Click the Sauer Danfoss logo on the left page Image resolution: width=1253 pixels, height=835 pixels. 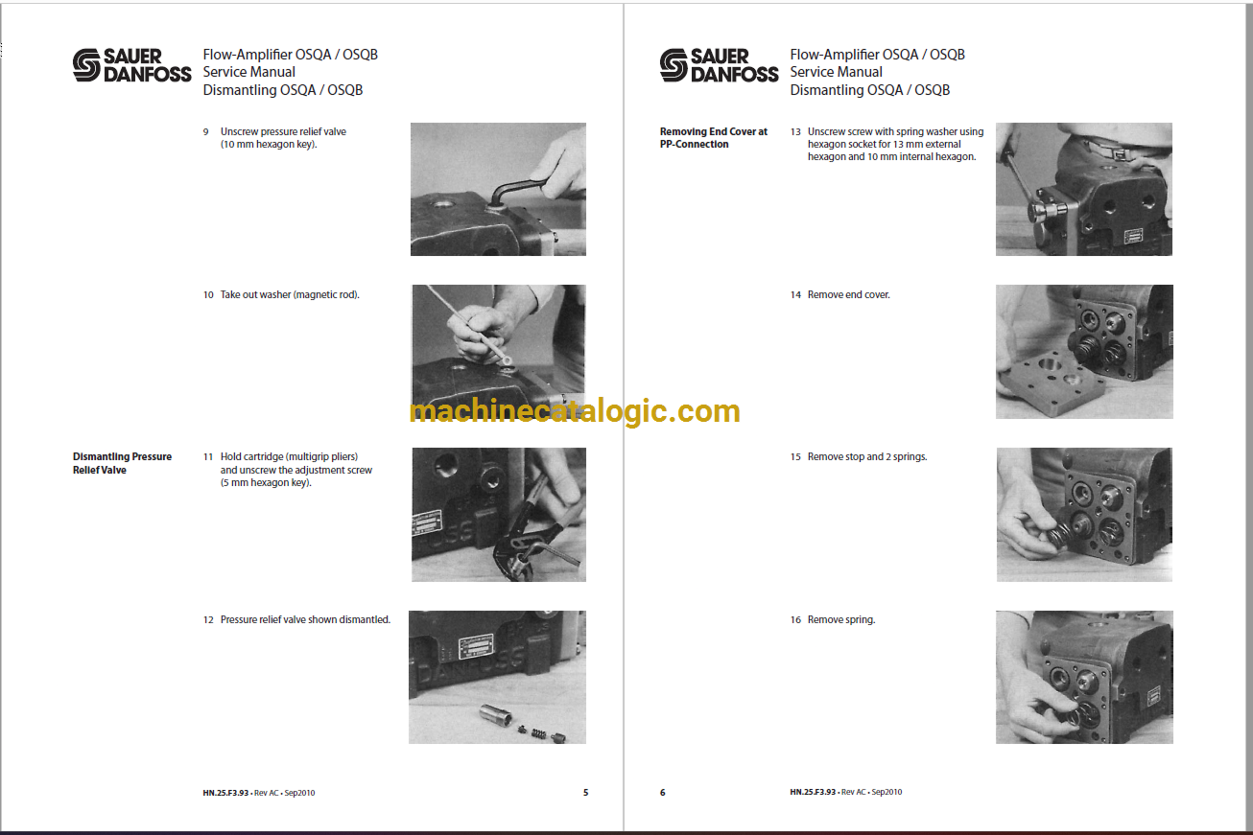[132, 65]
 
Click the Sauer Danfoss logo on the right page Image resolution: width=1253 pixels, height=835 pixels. [719, 65]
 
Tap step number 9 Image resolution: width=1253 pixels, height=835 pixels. [206, 132]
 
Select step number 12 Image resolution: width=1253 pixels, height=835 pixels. [208, 620]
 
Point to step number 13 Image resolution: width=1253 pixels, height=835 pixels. [795, 132]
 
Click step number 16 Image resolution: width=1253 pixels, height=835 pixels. [795, 620]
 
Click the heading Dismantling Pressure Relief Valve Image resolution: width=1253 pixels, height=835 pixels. [122, 463]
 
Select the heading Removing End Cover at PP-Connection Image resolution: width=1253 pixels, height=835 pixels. [713, 137]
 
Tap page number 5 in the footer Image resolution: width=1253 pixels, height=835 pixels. [585, 793]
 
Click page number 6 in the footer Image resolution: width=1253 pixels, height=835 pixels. [663, 793]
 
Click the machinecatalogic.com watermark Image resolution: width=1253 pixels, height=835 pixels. [575, 412]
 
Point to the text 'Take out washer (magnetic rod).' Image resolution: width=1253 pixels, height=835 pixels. [290, 295]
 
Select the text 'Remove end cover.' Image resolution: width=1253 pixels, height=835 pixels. [848, 295]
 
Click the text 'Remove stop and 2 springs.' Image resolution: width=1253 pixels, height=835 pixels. [867, 457]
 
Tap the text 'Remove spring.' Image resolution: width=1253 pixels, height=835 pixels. [841, 620]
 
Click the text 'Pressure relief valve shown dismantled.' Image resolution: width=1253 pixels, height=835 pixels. [305, 620]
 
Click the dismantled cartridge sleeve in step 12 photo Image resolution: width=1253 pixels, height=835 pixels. [496, 715]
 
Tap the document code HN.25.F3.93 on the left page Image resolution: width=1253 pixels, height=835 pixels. [225, 793]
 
